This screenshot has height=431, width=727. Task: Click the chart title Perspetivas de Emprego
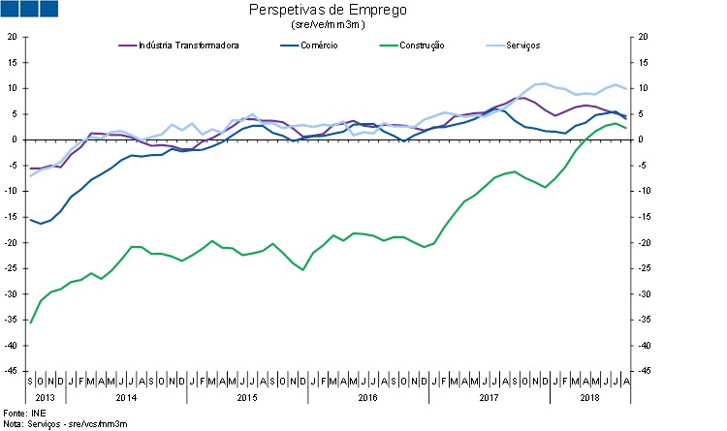point(328,11)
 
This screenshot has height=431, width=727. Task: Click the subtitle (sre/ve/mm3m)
point(328,24)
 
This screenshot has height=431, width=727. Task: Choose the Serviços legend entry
point(522,45)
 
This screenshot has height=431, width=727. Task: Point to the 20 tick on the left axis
point(12,37)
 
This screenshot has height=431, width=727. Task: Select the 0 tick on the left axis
point(14,139)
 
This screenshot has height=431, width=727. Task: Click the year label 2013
point(45,397)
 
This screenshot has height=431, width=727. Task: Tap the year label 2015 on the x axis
point(246,397)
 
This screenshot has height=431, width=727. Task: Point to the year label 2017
point(489,397)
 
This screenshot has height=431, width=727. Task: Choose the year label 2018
point(589,397)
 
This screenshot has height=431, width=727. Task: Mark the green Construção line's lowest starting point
point(31,323)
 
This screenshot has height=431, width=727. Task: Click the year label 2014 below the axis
point(125,397)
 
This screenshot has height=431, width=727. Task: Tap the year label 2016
point(367,397)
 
